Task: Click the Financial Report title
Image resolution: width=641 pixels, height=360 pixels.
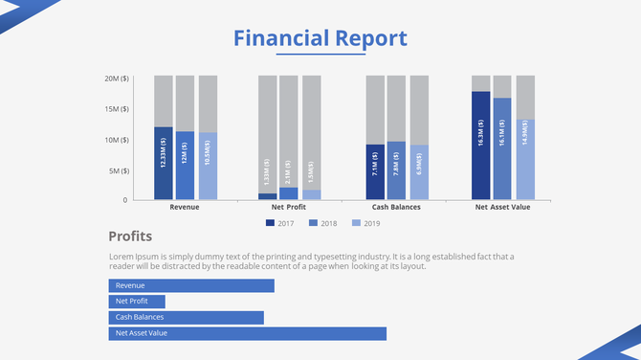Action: point(320,38)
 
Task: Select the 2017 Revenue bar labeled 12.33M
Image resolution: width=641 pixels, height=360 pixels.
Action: point(164,163)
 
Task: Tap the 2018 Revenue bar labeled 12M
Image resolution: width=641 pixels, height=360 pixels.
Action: point(185,165)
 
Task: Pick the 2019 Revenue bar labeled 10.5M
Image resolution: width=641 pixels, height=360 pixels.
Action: point(208,166)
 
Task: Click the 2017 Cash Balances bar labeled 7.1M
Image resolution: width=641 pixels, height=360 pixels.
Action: point(375,172)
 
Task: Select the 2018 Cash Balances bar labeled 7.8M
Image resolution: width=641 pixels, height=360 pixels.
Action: point(396,170)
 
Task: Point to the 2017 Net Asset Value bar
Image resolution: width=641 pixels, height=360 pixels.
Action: point(480,146)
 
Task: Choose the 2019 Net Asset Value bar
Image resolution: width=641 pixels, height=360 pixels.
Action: point(525,159)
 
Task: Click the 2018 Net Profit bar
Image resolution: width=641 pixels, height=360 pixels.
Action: point(289,193)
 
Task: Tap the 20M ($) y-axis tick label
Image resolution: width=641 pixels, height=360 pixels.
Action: point(117,78)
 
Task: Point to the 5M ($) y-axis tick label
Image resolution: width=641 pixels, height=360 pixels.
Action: point(119,170)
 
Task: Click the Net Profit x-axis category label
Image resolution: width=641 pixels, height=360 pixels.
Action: point(289,207)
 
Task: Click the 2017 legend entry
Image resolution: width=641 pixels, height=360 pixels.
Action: point(279,223)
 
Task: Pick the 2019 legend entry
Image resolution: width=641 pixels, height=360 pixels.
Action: point(365,223)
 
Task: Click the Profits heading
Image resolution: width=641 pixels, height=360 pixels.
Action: point(130,236)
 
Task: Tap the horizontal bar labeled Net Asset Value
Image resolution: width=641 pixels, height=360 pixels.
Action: point(247,333)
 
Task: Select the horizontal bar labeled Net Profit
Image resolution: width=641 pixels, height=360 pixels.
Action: point(143,302)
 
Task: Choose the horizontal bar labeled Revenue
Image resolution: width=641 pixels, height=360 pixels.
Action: point(191,285)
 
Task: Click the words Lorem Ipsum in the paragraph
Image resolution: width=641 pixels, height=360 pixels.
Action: point(131,257)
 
